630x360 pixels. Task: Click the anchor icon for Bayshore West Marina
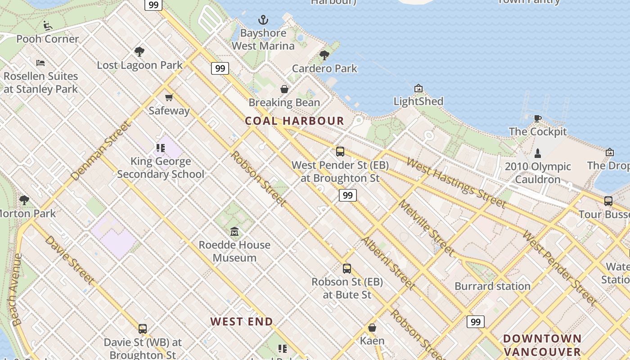263,20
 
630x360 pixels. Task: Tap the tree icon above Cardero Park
324,55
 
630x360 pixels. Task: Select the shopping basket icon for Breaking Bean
284,89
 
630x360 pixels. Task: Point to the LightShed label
418,101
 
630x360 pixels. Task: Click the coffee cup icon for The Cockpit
537,119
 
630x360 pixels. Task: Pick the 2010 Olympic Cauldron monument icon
537,153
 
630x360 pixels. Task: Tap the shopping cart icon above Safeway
169,97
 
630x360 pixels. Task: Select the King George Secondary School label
161,167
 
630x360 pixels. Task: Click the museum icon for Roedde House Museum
234,232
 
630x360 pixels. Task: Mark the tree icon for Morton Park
24,200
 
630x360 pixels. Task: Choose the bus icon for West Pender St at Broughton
340,152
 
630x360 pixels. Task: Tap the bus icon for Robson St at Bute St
346,269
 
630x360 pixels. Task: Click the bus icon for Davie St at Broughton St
143,329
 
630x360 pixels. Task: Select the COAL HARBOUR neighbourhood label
294,121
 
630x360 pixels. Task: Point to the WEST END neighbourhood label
242,322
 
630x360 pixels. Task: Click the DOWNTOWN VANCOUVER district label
542,345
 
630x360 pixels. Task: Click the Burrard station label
492,286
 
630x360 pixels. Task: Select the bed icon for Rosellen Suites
40,63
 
